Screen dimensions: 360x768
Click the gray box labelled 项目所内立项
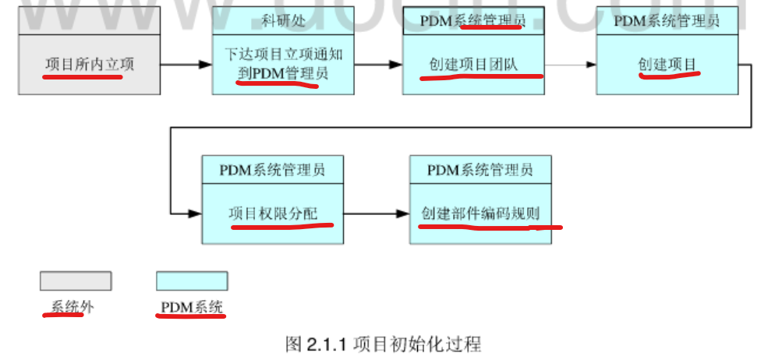click(89, 64)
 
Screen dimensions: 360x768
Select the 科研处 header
click(282, 21)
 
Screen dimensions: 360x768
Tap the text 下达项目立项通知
click(282, 55)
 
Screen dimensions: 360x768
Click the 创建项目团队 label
click(473, 64)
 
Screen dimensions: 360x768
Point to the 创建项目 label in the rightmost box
click(667, 64)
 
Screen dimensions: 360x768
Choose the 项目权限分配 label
click(273, 213)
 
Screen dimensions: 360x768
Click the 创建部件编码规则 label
click(481, 213)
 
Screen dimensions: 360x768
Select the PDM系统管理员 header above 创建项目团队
click(472, 21)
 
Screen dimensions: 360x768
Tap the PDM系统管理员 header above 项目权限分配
click(272, 169)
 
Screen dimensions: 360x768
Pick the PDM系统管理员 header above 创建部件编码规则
click(480, 169)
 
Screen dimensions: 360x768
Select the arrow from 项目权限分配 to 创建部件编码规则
click(377, 213)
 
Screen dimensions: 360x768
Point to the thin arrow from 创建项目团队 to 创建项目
click(569, 64)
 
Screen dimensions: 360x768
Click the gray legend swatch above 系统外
click(76, 281)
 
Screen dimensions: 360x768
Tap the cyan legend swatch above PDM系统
click(192, 281)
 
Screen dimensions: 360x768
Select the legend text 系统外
click(72, 307)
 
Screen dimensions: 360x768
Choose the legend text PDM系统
click(192, 307)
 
